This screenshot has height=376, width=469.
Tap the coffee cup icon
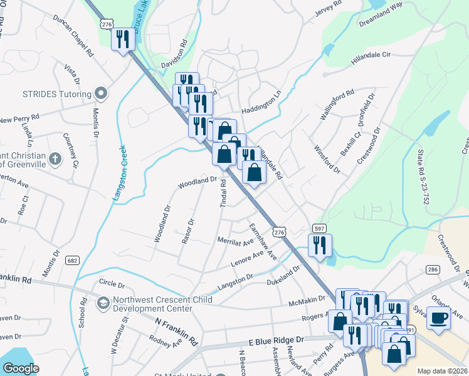[x=438, y=317]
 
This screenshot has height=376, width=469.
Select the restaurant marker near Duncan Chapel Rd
[x=124, y=40]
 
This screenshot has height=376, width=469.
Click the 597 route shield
[x=319, y=228]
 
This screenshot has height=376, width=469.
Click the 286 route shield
[x=432, y=269]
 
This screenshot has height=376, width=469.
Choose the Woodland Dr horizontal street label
[x=196, y=182]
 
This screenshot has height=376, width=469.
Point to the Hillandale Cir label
[x=370, y=56]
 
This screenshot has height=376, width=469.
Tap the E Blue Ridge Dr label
[x=276, y=340]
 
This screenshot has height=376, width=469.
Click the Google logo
[x=21, y=368]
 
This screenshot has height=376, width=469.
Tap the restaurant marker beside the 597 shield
[x=320, y=245]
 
